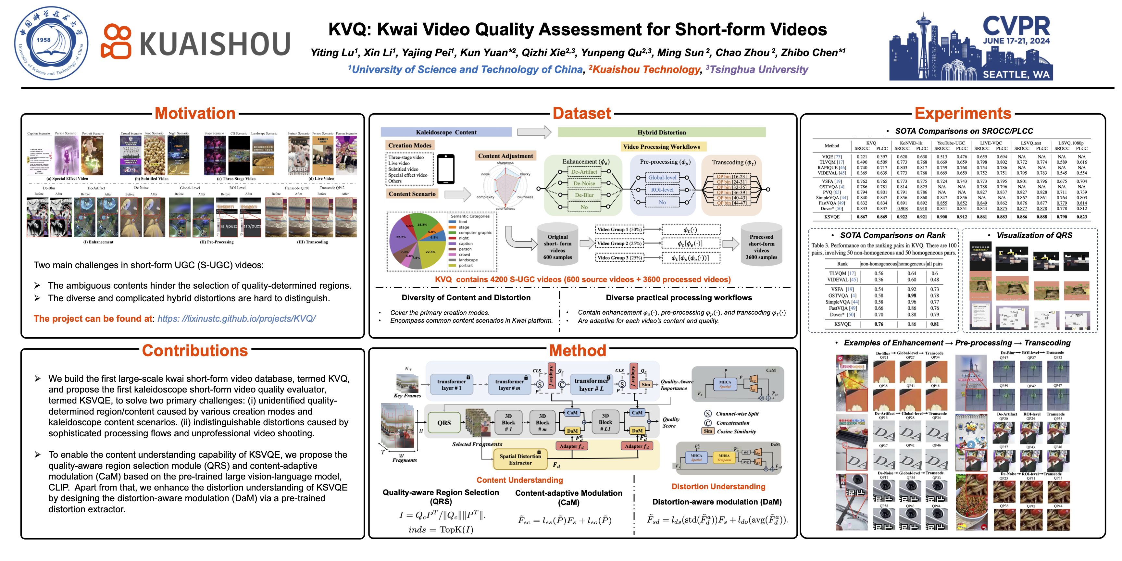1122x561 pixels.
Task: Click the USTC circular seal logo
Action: pyautogui.click(x=51, y=43)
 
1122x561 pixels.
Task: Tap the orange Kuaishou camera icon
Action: pyautogui.click(x=116, y=41)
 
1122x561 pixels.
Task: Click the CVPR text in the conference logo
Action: pyautogui.click(x=1016, y=26)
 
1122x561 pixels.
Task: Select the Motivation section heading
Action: pyautogui.click(x=195, y=113)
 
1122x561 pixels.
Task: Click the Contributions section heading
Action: pyautogui.click(x=195, y=351)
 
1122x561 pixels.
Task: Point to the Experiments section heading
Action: pyautogui.click(x=963, y=113)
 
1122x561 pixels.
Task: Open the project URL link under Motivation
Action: pyautogui.click(x=236, y=319)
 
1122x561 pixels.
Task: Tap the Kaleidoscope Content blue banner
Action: pyautogui.click(x=446, y=132)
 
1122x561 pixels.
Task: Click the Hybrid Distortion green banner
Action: pyautogui.click(x=661, y=132)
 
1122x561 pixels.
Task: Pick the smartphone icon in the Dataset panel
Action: pyautogui.click(x=445, y=169)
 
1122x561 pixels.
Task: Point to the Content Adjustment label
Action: pyautogui.click(x=505, y=156)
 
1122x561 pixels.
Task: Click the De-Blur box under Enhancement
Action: pyautogui.click(x=584, y=195)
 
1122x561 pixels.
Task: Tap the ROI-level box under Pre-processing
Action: pyautogui.click(x=662, y=190)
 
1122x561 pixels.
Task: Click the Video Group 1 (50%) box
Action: pyautogui.click(x=619, y=230)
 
